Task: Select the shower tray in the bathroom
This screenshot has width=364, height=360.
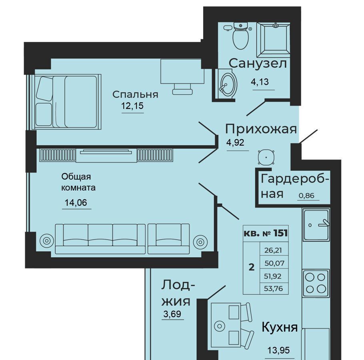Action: click(274, 40)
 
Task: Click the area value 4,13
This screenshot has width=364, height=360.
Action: click(260, 82)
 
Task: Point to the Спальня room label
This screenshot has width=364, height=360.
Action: click(135, 95)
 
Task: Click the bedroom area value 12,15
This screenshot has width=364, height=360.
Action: click(132, 106)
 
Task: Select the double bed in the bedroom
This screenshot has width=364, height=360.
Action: click(67, 102)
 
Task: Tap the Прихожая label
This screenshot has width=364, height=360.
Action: click(261, 129)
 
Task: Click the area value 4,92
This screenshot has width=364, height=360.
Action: click(235, 142)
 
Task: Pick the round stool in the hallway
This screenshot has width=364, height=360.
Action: click(266, 157)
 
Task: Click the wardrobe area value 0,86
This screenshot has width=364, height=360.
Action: click(306, 196)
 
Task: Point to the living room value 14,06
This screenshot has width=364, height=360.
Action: click(76, 203)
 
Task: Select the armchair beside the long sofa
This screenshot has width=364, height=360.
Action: click(168, 239)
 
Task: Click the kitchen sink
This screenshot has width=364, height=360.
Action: click(316, 224)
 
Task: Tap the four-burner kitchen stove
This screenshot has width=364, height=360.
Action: click(316, 283)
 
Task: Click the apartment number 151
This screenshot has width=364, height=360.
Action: click(280, 233)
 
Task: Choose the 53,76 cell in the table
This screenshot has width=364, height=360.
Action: click(274, 288)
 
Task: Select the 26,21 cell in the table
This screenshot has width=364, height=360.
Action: click(274, 250)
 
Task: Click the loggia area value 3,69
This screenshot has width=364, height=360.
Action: click(172, 314)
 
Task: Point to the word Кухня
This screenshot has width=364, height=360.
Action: click(280, 327)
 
